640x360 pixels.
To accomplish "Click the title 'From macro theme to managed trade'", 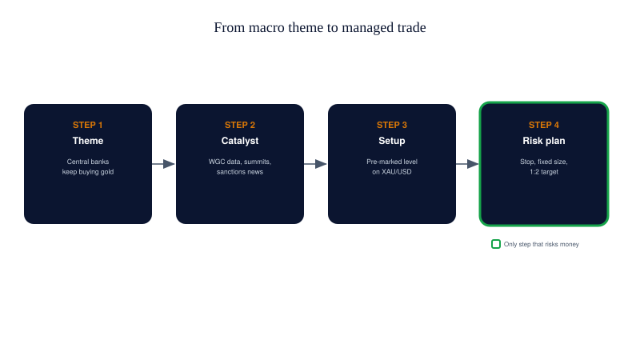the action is pos(320,27).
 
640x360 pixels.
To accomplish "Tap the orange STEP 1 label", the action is pos(88,125).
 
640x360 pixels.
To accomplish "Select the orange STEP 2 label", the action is pos(240,125).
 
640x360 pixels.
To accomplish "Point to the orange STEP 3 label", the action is pos(392,125).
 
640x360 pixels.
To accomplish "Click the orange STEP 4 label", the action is pos(544,125).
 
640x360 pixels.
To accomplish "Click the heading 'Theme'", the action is pos(88,141).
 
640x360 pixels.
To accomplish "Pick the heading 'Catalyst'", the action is pos(240,141).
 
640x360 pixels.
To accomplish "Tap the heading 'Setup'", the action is pos(392,141).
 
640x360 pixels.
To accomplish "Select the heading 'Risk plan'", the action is pos(544,141).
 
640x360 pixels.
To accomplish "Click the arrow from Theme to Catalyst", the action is pos(163,164).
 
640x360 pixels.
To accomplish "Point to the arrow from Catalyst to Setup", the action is pos(315,164).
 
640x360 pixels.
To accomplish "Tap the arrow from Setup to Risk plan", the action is pos(467,164).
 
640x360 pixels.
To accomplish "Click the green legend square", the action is pos(496,244).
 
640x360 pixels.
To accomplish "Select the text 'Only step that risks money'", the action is pos(542,244).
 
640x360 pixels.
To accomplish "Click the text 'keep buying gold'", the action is pos(88,172).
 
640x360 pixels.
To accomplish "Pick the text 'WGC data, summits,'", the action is pos(240,162).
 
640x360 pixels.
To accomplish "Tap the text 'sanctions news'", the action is pos(240,172).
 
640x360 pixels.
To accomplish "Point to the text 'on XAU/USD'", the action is pos(392,172).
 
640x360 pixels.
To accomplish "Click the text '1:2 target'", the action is pos(544,172).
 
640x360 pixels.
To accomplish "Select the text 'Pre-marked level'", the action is pos(392,162).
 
